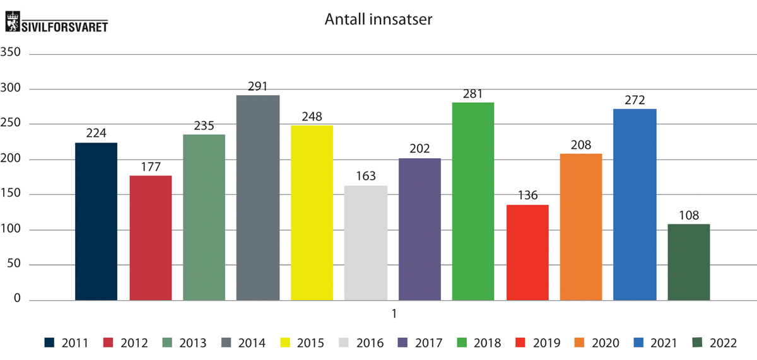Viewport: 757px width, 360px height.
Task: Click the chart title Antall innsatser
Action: click(x=378, y=20)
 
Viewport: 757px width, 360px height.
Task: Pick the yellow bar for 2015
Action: click(x=312, y=212)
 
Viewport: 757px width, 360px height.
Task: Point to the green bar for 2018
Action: click(x=473, y=201)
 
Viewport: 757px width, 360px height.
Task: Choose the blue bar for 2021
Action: click(x=635, y=204)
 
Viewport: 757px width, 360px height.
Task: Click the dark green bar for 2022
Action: click(x=689, y=262)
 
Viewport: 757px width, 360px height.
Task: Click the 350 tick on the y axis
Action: click(x=12, y=53)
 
